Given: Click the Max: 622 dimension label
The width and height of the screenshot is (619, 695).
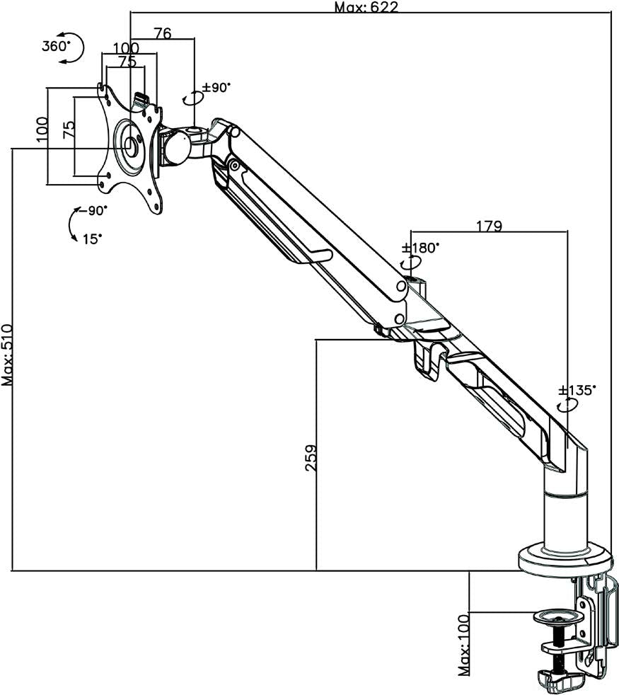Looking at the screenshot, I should click(366, 7).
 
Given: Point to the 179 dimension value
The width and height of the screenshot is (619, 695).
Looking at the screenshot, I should click(489, 226).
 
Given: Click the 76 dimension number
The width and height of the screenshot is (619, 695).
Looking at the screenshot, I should click(163, 33).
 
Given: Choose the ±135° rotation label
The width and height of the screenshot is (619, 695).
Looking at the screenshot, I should click(578, 390).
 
